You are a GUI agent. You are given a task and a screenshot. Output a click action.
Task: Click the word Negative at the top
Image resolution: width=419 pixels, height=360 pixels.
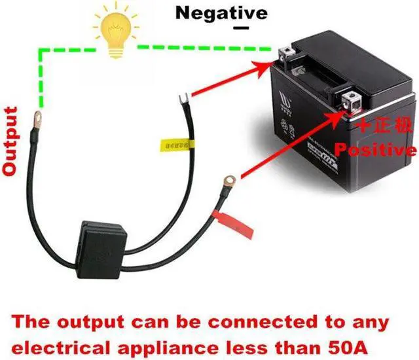222,12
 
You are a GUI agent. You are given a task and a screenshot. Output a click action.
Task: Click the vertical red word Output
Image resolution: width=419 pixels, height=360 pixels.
10,141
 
